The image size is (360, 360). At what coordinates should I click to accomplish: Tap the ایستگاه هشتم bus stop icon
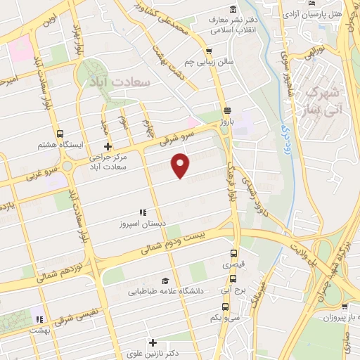tap(60, 134)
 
